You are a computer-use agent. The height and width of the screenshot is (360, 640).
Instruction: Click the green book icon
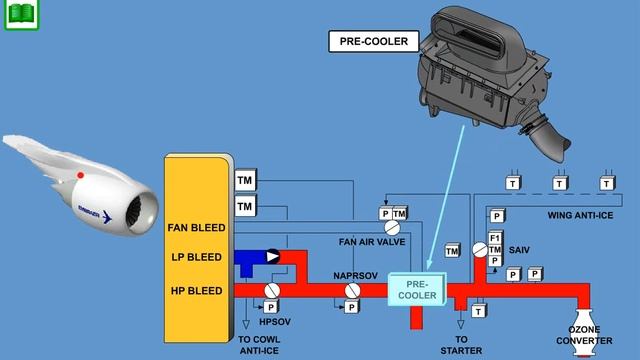[19, 15]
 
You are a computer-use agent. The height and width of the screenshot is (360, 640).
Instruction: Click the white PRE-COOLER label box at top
[364, 41]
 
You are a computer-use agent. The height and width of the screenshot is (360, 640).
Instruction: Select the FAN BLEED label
[196, 228]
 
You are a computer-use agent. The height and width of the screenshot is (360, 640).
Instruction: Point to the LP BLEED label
[196, 257]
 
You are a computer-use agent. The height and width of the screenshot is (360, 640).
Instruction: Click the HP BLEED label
[196, 290]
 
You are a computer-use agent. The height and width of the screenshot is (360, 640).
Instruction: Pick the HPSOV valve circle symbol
[271, 289]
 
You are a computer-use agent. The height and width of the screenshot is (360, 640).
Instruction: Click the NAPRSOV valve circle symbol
[352, 290]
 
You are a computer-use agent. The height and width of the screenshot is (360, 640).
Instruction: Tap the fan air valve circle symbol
[392, 228]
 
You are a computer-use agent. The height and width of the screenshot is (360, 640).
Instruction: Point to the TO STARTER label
[461, 345]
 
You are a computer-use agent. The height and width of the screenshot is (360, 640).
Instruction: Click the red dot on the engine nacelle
[81, 176]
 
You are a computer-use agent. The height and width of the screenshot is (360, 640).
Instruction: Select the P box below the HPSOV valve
[271, 306]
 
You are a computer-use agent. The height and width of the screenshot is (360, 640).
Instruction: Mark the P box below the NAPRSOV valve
[352, 307]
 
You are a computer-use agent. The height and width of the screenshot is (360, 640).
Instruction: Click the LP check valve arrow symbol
[272, 257]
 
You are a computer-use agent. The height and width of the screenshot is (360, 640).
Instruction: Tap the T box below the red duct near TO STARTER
[479, 312]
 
